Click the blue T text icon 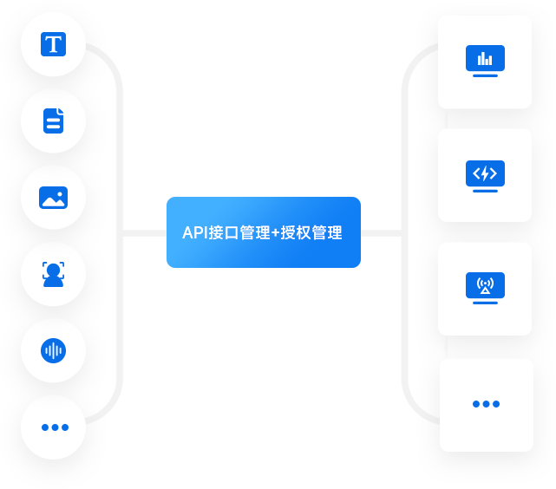(x=54, y=43)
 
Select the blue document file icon (x=54, y=120)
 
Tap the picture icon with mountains (x=54, y=197)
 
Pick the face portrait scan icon (x=54, y=274)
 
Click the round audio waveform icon (x=54, y=350)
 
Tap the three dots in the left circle (x=54, y=427)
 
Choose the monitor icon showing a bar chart (x=486, y=59)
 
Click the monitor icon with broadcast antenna (x=486, y=286)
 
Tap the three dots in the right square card (x=486, y=404)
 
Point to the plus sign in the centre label (x=276, y=233)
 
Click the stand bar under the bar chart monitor (x=486, y=76)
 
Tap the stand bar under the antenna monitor (x=486, y=303)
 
